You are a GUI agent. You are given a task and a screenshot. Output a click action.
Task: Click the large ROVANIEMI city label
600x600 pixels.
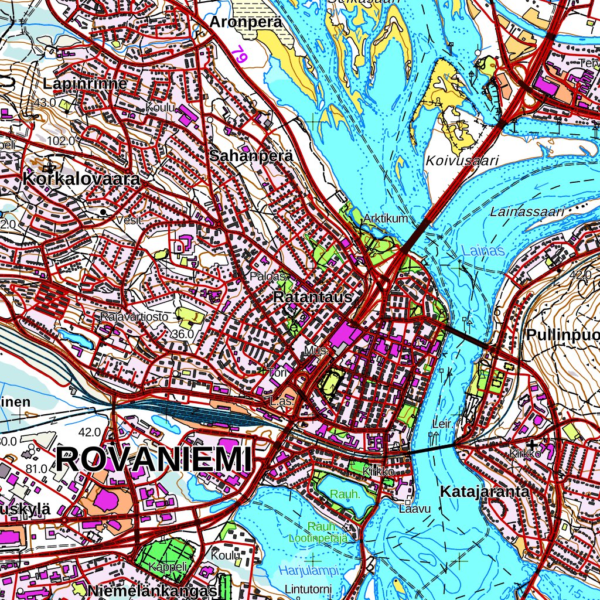(x=156, y=459)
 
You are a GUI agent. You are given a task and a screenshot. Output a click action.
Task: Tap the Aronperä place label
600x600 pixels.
(x=246, y=22)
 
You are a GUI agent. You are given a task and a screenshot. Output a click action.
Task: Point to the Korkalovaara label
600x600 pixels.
(x=81, y=179)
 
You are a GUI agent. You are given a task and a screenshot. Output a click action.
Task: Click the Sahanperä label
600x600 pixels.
(x=251, y=156)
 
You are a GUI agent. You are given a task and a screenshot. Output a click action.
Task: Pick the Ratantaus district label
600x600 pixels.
(x=312, y=298)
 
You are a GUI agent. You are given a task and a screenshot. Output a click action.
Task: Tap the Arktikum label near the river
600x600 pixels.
(x=386, y=219)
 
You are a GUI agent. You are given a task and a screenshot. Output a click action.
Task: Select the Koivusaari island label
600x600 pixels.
(x=462, y=161)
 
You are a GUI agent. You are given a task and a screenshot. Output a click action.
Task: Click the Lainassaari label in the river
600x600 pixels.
(x=527, y=212)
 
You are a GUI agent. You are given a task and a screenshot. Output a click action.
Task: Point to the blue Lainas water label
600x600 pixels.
(x=483, y=251)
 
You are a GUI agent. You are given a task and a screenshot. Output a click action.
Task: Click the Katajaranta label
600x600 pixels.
(x=484, y=492)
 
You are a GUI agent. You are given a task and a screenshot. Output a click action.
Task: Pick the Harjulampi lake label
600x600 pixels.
(x=309, y=570)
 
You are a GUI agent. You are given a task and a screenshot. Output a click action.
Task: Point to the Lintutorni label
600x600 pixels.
(x=308, y=588)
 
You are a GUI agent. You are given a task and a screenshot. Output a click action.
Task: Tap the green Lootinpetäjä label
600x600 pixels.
(x=318, y=537)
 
